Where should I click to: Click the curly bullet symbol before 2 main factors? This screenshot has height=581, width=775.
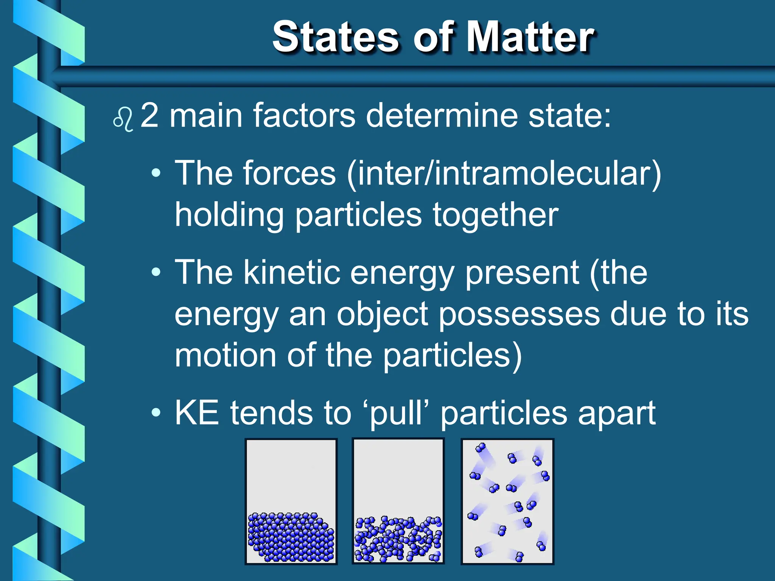tap(123, 120)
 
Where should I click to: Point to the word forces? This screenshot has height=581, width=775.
tap(289, 173)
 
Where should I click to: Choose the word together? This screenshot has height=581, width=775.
tap(495, 215)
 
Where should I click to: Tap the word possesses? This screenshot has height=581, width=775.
tap(519, 315)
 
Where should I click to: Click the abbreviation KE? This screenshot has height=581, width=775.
tap(197, 413)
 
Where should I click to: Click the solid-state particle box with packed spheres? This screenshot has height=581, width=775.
tap(291, 501)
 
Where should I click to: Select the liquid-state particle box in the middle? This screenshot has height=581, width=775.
tap(398, 501)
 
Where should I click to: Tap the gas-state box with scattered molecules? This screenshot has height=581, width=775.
tap(507, 501)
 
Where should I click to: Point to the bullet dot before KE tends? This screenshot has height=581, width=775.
tap(156, 413)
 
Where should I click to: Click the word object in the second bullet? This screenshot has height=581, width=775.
tap(382, 315)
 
